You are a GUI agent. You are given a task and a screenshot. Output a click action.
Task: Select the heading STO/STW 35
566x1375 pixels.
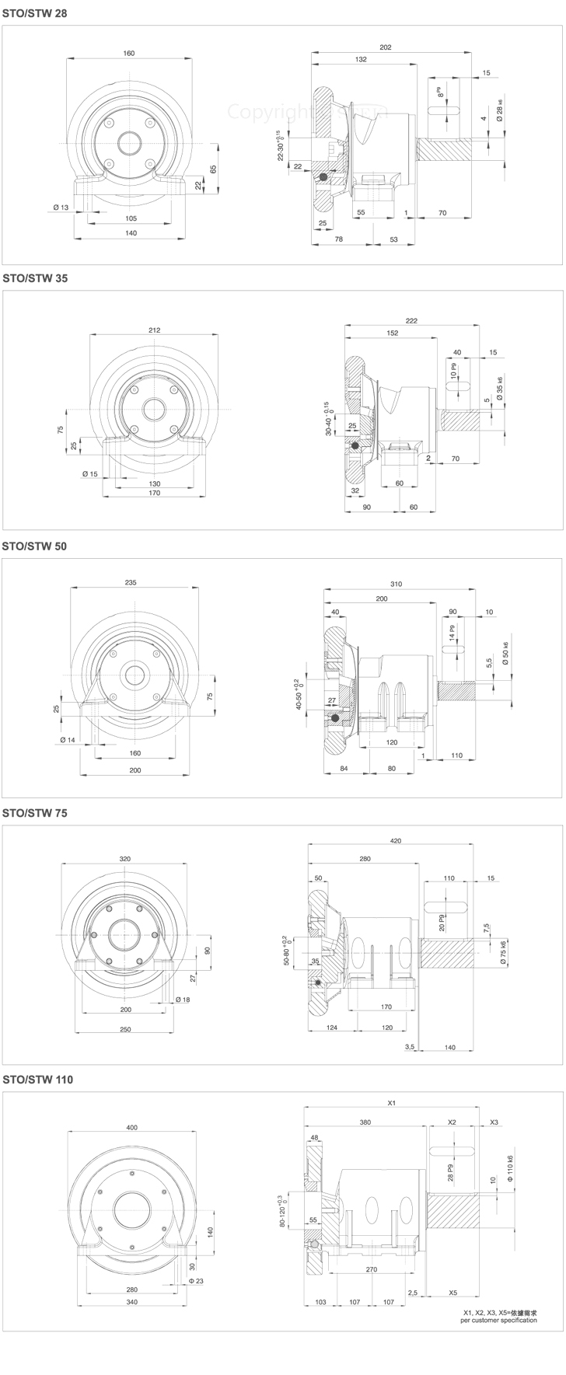[x=35, y=278]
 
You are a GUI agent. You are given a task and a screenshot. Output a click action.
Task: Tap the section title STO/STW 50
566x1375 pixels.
[x=35, y=546]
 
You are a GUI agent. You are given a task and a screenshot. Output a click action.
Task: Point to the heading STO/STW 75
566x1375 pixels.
[x=35, y=813]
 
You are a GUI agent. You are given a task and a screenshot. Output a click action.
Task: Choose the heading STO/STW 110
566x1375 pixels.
[x=38, y=1080]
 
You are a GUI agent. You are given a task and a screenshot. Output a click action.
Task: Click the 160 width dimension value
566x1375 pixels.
[x=128, y=53]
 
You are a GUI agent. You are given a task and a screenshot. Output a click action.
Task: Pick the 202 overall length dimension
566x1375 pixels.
[x=385, y=47]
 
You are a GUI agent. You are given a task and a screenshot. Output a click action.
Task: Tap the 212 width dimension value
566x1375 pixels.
[x=154, y=330]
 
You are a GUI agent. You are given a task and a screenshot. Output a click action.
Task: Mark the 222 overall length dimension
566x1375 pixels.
[x=412, y=320]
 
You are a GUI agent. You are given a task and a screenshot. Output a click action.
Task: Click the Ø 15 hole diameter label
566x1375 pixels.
[x=90, y=473]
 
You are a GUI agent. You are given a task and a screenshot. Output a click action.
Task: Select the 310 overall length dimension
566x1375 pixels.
[x=400, y=585]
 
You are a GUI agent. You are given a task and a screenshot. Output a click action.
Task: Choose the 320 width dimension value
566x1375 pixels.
[x=125, y=858]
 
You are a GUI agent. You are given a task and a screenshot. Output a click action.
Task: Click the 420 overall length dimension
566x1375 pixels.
[x=395, y=841]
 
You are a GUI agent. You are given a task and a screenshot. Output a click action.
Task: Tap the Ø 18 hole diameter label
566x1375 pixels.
[x=183, y=999]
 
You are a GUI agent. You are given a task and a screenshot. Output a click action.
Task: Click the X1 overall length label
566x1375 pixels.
[x=392, y=1103]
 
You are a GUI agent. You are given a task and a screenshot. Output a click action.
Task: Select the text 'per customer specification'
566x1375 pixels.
[x=498, y=1320]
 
